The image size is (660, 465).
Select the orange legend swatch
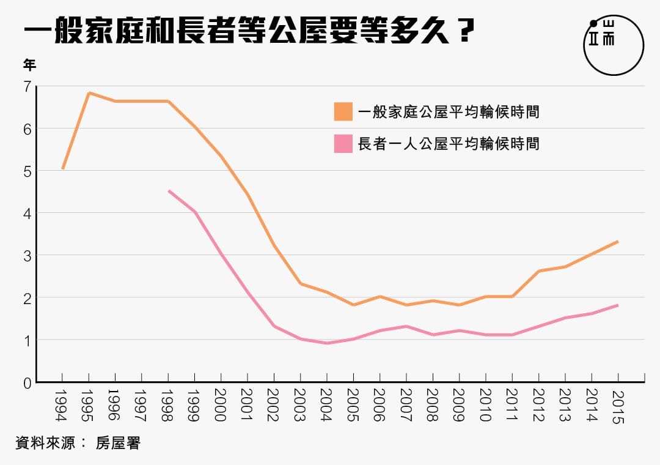point(343,112)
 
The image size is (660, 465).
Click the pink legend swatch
point(343,144)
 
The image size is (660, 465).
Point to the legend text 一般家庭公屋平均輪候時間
point(449,112)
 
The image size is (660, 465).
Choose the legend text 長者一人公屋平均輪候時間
point(449,144)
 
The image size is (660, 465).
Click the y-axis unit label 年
point(29,65)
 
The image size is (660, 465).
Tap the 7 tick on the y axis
point(26,87)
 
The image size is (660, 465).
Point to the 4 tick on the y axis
point(26,213)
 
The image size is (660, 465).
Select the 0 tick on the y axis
point(26,384)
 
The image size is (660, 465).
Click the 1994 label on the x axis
point(62,405)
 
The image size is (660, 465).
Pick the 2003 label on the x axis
point(300,405)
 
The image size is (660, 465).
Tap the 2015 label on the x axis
point(618,405)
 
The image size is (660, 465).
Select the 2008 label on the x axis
point(433,405)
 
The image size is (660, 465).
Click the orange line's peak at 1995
point(89,93)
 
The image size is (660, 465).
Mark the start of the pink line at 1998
point(169,191)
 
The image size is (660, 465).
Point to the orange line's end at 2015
point(618,242)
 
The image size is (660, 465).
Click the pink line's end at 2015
point(618,305)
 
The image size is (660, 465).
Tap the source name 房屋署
point(118,443)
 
